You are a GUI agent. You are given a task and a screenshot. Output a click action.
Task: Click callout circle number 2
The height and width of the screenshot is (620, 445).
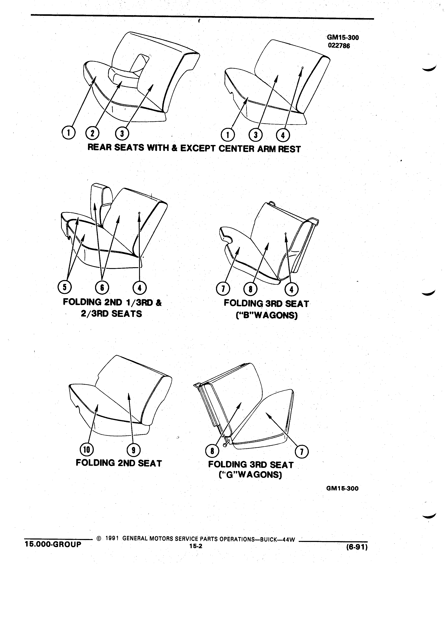click(92, 133)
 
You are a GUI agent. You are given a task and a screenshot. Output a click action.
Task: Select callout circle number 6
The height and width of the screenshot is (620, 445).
click(102, 287)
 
